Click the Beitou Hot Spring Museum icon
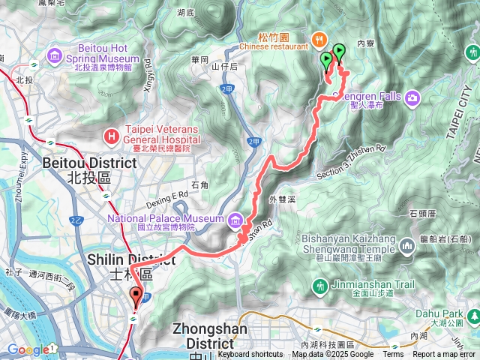54,55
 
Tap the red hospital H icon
112,136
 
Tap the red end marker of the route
136,295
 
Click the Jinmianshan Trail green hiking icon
320,286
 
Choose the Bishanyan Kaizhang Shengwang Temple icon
407,245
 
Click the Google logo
28,349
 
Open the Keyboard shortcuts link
250,355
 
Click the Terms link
392,355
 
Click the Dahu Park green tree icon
472,316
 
